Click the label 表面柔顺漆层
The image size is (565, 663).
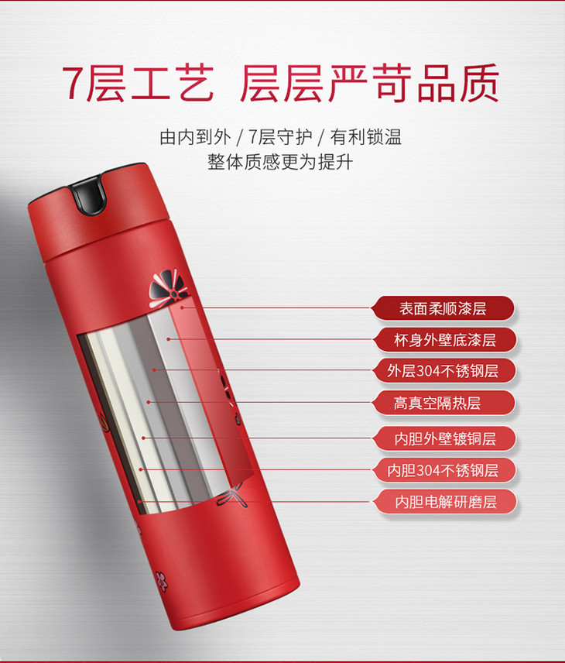(443, 308)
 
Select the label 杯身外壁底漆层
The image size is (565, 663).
(444, 339)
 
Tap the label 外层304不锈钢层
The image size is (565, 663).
(443, 371)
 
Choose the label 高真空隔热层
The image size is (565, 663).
(437, 403)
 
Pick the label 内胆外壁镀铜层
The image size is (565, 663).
(444, 438)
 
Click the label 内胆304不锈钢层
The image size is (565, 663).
(443, 470)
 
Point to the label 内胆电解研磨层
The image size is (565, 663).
(445, 502)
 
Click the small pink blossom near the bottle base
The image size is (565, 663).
(161, 581)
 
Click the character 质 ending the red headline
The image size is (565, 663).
(480, 83)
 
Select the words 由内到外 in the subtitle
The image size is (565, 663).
(195, 137)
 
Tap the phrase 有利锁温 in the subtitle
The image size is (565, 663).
(365, 137)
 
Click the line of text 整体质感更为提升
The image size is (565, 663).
(279, 162)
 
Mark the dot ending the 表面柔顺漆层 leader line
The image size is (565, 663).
(183, 307)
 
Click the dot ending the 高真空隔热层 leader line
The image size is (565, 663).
(149, 402)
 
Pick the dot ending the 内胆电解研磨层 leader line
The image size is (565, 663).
(139, 502)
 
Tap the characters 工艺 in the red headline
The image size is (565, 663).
(173, 83)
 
